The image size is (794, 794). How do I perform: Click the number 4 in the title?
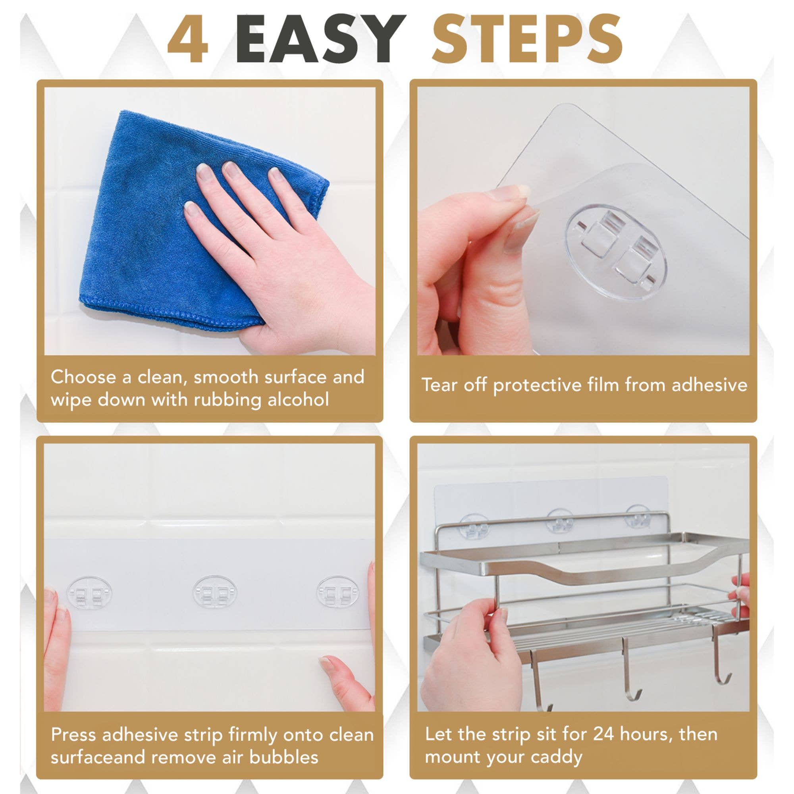tap(188, 40)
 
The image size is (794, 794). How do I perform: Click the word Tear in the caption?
tap(440, 385)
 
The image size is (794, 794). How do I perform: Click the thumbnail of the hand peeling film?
tap(583, 221)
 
